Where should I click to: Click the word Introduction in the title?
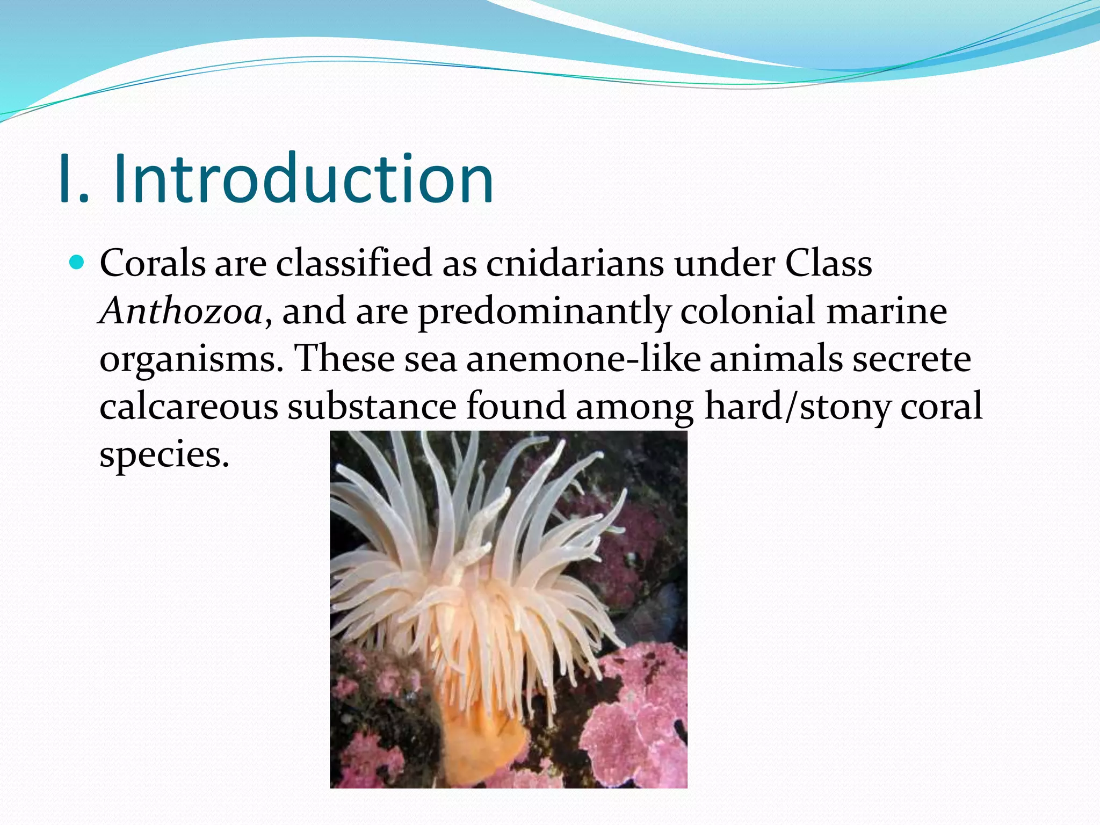click(303, 180)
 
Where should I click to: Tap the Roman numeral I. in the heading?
click(73, 180)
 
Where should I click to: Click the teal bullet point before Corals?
click(77, 263)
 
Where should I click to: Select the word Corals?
click(153, 264)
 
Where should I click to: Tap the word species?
click(164, 454)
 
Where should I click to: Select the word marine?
click(886, 312)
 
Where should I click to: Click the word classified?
click(354, 264)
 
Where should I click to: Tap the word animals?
click(776, 359)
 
